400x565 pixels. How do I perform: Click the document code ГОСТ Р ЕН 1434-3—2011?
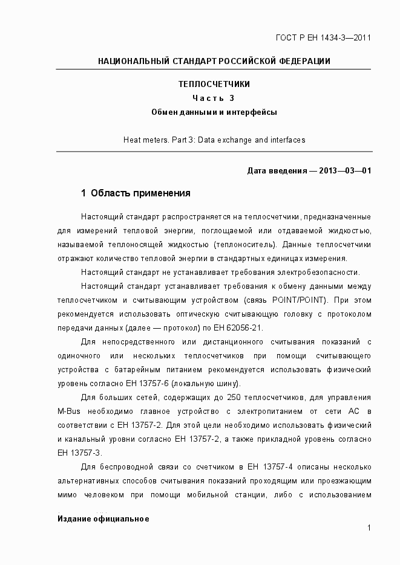click(x=323, y=38)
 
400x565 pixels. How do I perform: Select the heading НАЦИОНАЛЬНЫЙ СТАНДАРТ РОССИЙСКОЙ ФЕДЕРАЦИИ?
click(x=214, y=61)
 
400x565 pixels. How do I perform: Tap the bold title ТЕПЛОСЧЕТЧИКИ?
click(x=214, y=85)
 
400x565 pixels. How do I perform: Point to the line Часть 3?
click(x=214, y=98)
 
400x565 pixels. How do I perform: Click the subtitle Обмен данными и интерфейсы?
click(x=214, y=112)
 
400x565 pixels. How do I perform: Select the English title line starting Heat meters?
click(x=214, y=140)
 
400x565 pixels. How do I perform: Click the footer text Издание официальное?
click(x=103, y=519)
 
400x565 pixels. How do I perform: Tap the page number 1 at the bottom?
click(x=369, y=528)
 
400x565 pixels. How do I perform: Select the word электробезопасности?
click(x=324, y=272)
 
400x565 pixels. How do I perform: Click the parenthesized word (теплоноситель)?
click(x=245, y=244)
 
